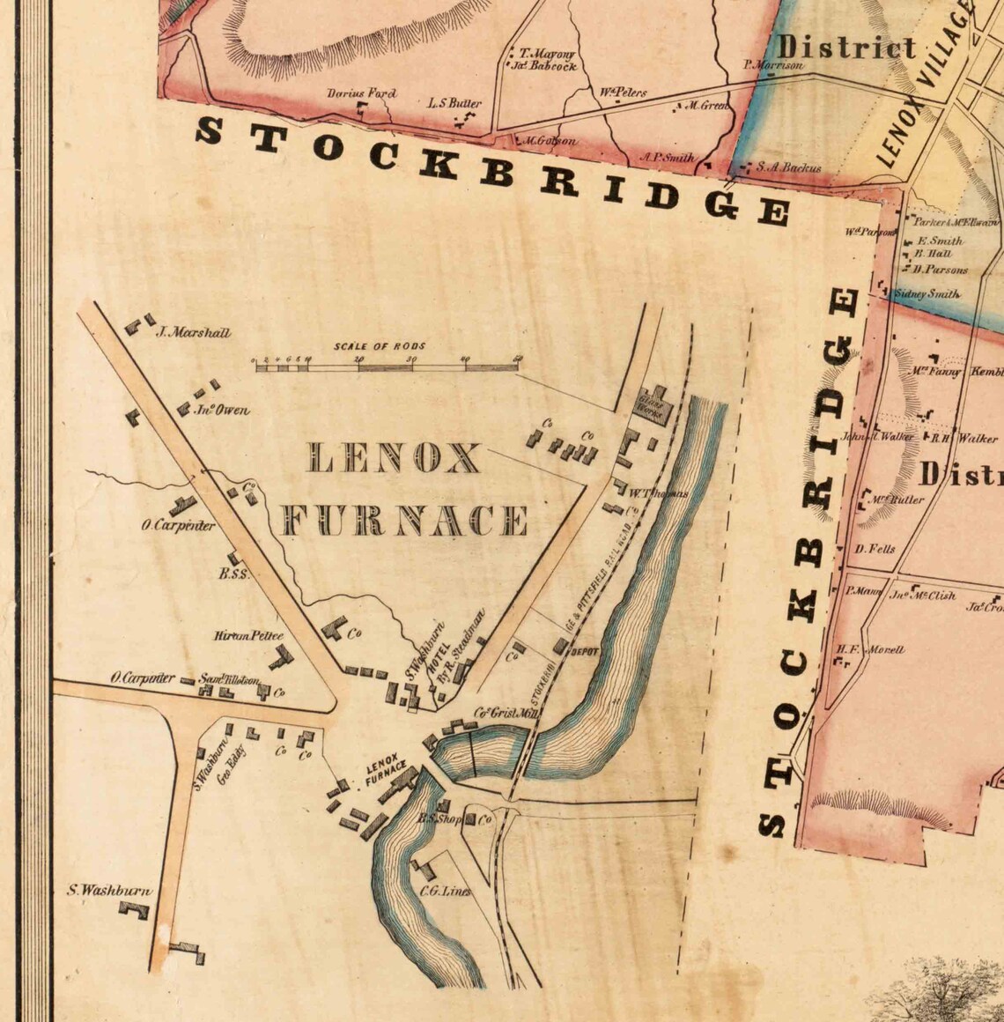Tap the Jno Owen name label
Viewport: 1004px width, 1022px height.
point(223,410)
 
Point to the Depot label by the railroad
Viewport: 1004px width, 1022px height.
point(585,653)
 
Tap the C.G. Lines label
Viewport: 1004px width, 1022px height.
point(445,891)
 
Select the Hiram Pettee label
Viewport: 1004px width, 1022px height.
point(248,635)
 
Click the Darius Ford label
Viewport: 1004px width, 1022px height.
point(361,93)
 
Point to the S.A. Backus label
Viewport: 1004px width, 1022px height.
point(788,167)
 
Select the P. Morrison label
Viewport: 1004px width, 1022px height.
point(773,64)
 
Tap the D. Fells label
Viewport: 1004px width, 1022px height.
point(875,549)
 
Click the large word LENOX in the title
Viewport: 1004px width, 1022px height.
point(393,458)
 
